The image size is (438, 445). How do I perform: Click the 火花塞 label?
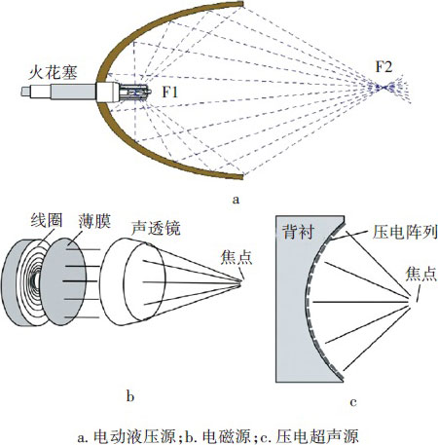(53, 72)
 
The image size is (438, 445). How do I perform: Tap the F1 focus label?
(170, 93)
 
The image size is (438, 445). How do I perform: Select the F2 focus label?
(383, 66)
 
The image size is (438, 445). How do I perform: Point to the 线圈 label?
(47, 221)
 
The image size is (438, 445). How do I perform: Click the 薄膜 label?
(94, 221)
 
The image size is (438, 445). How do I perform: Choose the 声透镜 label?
(156, 228)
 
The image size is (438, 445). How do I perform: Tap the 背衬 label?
(298, 232)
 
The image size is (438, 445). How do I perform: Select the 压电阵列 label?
(405, 232)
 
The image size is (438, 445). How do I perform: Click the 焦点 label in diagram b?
(237, 258)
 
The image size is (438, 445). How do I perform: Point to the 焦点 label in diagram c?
(421, 274)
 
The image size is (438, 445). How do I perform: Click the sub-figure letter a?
(236, 199)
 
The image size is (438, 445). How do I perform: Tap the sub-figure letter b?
(130, 396)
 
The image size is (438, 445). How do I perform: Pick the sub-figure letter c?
(353, 402)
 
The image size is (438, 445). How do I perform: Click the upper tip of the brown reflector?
(242, 4)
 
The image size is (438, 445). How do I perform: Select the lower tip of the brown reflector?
(242, 176)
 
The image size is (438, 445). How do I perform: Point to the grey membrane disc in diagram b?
(63, 281)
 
